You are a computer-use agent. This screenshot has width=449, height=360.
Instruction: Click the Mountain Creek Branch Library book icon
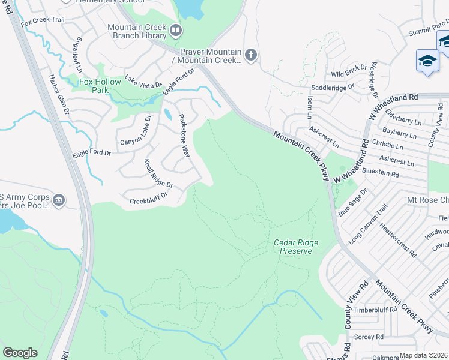[175, 29]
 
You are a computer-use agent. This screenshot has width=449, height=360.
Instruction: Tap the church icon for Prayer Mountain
[251, 56]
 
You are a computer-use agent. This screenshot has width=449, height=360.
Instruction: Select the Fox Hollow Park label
[87, 86]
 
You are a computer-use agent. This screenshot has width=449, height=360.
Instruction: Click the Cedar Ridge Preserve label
[296, 247]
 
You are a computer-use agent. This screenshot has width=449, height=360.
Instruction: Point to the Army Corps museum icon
[58, 200]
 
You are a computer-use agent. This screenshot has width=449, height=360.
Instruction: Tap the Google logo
[20, 353]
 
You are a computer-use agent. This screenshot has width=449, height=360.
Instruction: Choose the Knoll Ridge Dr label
[158, 173]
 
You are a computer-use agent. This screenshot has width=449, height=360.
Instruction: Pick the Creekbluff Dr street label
[149, 198]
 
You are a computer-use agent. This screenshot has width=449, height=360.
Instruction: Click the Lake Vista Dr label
[143, 82]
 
